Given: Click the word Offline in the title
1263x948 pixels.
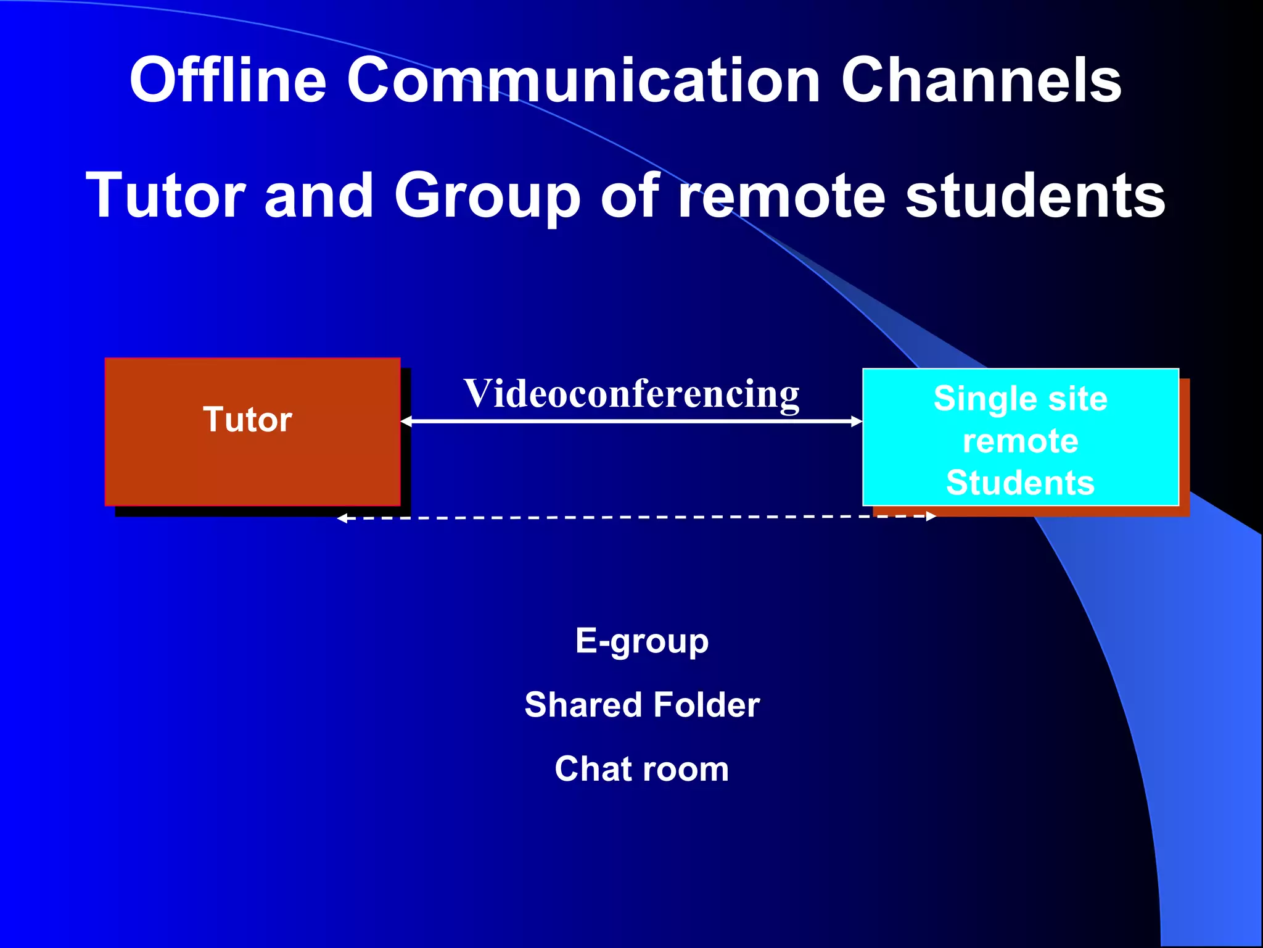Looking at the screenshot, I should pos(228,80).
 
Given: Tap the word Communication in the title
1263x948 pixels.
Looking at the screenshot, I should pos(583,80).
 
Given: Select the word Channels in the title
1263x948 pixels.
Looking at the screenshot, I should pos(981,80).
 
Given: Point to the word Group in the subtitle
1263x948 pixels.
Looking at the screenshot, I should pos(487,196).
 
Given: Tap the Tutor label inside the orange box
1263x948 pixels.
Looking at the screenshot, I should pos(247,420).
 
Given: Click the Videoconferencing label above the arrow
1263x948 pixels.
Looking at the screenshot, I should pos(631,394).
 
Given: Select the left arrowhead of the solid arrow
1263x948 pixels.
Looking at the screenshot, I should pos(405,421).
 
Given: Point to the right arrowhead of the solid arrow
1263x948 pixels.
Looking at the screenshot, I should pos(857,421).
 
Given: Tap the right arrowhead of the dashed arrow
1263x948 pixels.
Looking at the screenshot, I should pos(931,516).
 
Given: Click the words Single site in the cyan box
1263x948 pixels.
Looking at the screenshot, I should pos(1020,399).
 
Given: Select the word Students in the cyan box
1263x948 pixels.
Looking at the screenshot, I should pos(1020,483).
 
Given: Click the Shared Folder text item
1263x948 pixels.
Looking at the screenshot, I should pos(641,705).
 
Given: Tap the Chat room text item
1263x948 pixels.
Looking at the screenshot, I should pos(641,769).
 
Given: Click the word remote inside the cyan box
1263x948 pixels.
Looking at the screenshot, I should pos(1020,441).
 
